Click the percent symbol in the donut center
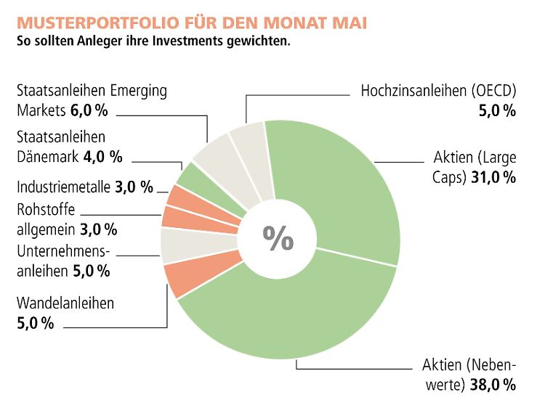click(278, 237)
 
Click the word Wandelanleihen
click(65, 303)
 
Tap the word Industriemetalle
click(63, 188)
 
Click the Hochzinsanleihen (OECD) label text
click(437, 91)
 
